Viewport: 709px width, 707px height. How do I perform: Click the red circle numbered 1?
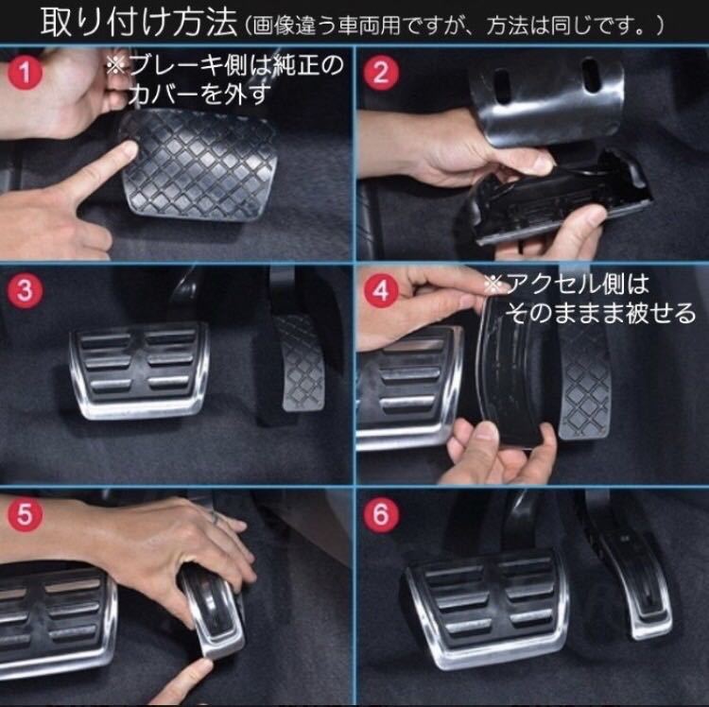pos(25,73)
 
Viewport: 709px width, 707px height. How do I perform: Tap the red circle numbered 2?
pos(381,73)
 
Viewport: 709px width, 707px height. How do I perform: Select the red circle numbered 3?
pos(25,290)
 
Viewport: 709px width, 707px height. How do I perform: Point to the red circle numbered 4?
pos(381,290)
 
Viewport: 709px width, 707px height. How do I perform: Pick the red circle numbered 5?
pos(25,514)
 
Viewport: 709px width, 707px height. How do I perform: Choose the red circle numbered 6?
pos(381,514)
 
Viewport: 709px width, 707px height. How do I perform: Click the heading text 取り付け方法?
pos(139,23)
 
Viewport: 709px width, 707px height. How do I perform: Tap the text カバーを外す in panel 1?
pos(199,94)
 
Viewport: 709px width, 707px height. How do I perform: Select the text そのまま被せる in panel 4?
pos(600,313)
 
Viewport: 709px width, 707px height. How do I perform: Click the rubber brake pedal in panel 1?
pos(199,164)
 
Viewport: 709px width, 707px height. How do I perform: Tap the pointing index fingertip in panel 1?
pos(128,150)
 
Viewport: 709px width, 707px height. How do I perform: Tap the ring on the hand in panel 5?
pos(216,518)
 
